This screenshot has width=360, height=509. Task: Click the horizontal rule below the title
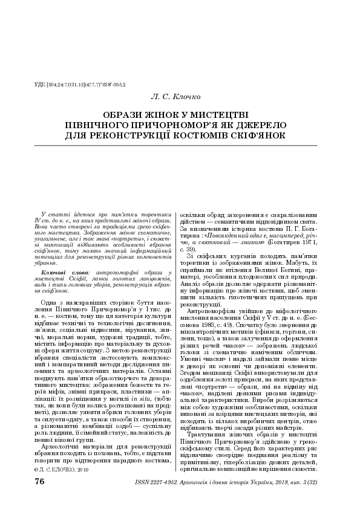click(180, 145)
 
